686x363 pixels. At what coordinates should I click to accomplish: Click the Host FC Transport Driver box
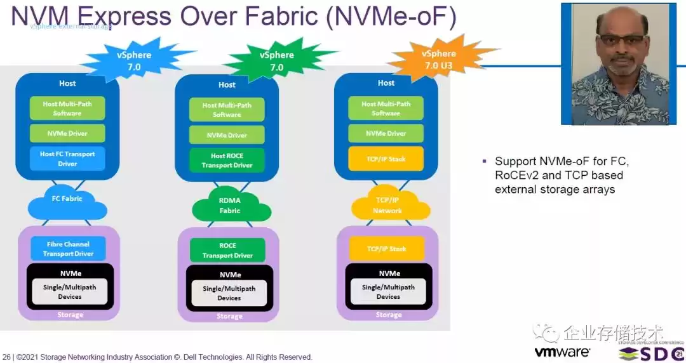coord(67,159)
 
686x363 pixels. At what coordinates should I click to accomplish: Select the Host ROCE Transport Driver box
coord(227,161)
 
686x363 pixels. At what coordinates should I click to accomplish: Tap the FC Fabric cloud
coord(67,199)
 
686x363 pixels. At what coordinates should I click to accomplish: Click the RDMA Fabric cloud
coord(229,206)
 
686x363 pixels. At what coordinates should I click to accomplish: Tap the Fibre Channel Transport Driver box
coord(68,249)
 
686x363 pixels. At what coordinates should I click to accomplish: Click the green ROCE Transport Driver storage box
coord(227,251)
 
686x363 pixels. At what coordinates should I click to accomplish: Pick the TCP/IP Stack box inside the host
coord(386,158)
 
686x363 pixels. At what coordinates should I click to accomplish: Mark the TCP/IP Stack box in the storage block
coord(386,249)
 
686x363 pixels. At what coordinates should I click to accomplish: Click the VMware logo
coord(562,352)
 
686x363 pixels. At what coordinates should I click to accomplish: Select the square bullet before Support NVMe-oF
coord(485,161)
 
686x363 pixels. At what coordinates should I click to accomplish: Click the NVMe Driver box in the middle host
coord(227,135)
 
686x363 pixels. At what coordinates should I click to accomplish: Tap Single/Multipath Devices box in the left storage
coord(69,291)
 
